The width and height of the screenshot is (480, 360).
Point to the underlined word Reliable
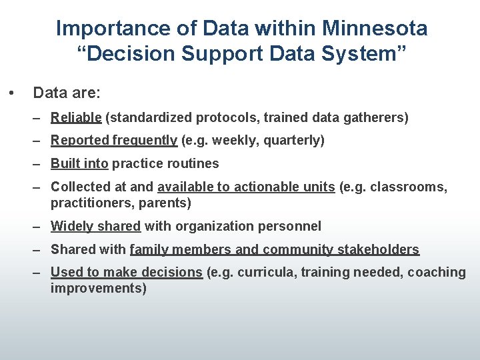(x=76, y=118)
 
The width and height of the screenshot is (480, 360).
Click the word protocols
(x=227, y=118)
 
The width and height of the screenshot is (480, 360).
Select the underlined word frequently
(x=145, y=141)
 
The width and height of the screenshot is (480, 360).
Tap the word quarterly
(x=291, y=141)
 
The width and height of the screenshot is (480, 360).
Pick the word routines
(x=193, y=163)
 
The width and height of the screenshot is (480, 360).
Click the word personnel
(x=287, y=226)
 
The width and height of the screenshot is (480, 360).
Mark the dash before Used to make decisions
(x=39, y=272)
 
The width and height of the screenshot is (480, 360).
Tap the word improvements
(x=98, y=288)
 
